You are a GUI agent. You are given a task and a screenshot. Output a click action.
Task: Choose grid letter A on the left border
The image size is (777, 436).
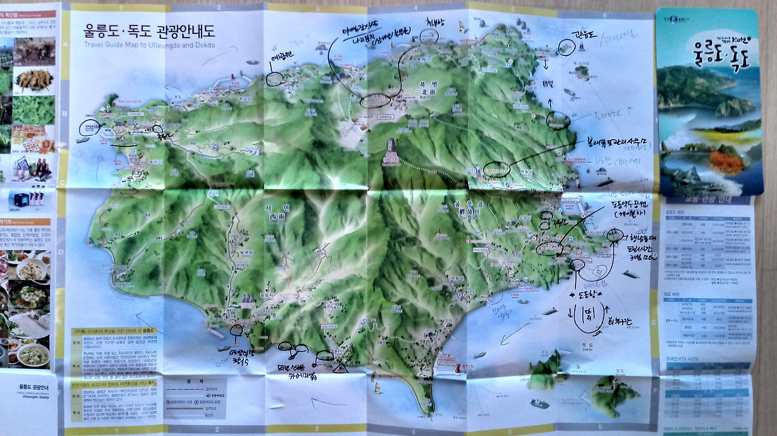tap(64, 46)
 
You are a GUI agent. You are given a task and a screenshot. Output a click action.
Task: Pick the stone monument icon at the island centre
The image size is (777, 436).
tap(390, 152)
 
